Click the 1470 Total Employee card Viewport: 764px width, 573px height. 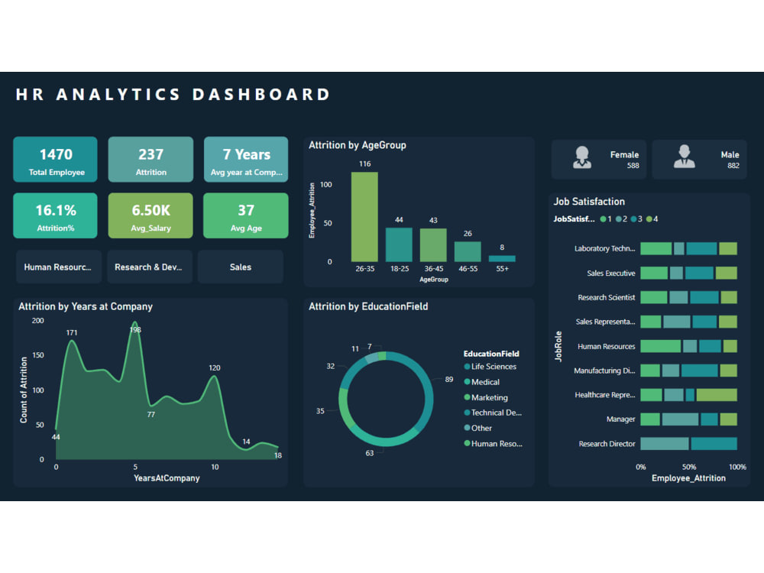coord(55,160)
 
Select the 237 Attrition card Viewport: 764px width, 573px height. coord(151,160)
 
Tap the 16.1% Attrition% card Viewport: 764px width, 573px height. coord(55,215)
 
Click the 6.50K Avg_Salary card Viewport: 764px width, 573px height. coord(151,215)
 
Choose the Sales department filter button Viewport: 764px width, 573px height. coord(240,267)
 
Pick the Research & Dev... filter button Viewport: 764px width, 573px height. coord(150,267)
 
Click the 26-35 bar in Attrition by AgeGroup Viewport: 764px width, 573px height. coord(364,217)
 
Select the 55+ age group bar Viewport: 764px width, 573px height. coord(502,258)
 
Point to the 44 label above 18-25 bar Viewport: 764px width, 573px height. coord(399,220)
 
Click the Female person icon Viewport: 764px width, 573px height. coord(582,157)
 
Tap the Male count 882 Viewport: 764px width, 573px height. coord(733,165)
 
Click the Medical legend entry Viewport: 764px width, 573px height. coord(485,382)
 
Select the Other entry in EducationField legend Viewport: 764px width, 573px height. coord(481,428)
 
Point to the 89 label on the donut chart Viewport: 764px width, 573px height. coord(448,379)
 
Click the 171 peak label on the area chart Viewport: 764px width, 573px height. coord(72,332)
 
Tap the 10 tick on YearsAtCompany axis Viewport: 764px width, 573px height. coord(215,466)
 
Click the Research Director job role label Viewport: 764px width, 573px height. coord(607,444)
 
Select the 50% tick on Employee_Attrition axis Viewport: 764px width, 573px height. coord(689,466)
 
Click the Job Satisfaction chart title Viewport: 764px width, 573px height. coord(589,202)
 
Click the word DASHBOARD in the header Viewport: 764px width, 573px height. coord(261,95)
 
